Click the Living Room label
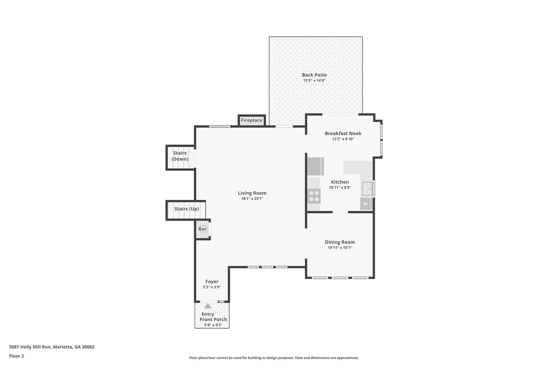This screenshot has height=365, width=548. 252,193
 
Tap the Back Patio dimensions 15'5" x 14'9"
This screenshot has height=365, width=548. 314,80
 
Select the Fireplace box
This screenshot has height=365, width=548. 252,120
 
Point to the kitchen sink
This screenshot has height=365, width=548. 367,189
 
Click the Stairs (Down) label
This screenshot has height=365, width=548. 180,156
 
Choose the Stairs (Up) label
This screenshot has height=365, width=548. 187,209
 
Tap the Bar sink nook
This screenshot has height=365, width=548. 203,229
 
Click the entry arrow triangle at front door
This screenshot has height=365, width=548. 208,306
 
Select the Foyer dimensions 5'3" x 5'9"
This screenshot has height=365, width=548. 212,287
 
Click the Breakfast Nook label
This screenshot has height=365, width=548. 343,133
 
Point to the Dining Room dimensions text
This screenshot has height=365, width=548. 340,248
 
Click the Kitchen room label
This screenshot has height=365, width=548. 340,182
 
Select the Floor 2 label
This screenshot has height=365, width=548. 17,356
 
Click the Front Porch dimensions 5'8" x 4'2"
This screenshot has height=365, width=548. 213,325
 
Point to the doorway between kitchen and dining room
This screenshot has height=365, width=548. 340,212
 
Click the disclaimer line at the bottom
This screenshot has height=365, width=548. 274,358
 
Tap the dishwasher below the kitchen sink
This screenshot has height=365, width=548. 366,204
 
